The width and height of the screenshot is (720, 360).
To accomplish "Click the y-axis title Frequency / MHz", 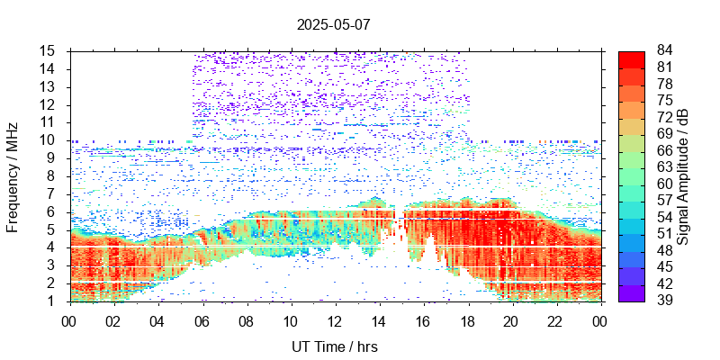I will click(13, 175).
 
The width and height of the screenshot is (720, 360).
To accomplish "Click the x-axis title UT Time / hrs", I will click(334, 346).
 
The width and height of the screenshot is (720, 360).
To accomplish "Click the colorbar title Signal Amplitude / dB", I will click(683, 175).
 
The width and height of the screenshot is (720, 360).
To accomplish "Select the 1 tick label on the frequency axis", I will click(55, 301).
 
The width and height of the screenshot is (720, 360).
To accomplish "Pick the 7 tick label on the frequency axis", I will click(55, 193).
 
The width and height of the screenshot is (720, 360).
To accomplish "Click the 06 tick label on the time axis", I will click(202, 320).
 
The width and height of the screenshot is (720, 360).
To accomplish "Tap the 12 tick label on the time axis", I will click(335, 320).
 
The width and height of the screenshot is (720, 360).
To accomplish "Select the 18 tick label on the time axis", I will click(467, 320).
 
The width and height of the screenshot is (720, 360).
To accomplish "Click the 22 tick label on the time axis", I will click(555, 320).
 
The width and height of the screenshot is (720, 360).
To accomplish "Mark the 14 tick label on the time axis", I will click(379, 320).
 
